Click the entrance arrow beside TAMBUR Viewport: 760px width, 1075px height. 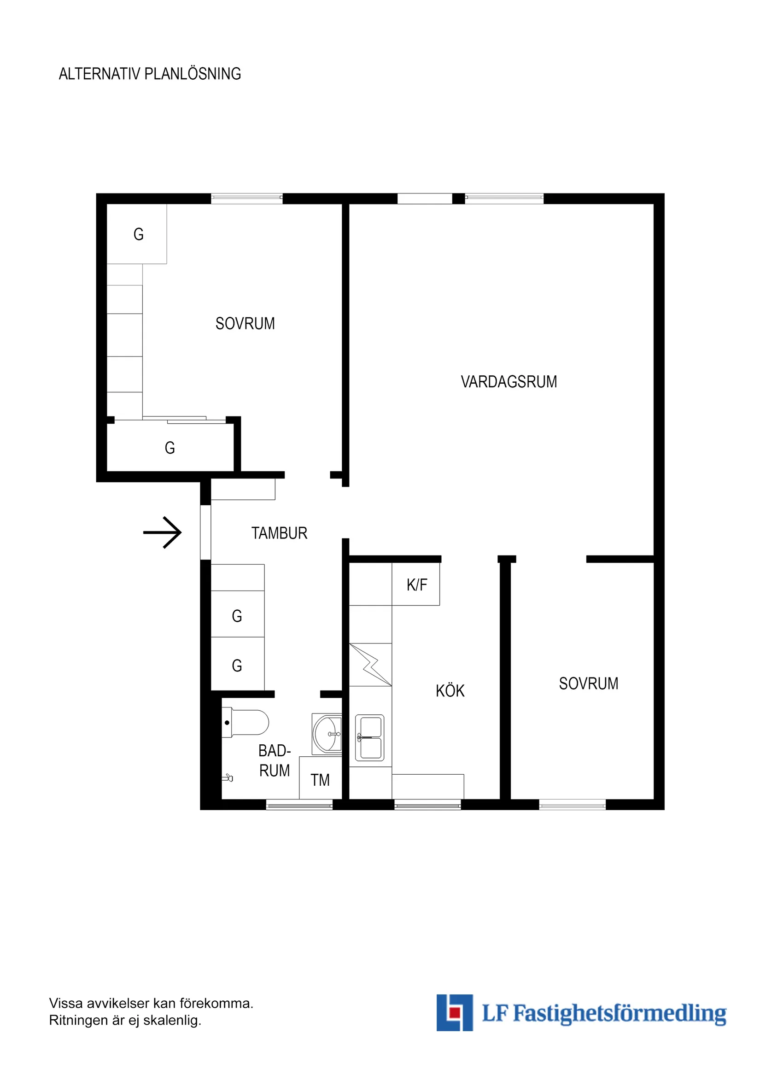point(163,532)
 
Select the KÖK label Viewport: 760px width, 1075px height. point(450,690)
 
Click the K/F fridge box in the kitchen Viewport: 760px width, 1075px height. point(416,585)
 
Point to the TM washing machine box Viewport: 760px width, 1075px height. point(320,780)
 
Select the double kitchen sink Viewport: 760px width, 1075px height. point(369,737)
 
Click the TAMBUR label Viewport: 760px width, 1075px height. point(279,533)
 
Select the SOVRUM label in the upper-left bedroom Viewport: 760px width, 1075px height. point(245,323)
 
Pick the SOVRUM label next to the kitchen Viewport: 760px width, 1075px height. point(588,684)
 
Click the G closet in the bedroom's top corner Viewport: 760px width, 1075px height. point(138,234)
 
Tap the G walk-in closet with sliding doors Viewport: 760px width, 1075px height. point(170,448)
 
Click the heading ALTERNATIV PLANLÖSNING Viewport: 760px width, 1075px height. point(150,74)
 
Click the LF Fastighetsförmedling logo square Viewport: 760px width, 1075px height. point(454,1013)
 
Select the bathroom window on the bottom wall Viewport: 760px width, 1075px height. point(299,804)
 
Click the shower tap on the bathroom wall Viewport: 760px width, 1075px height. point(228,777)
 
